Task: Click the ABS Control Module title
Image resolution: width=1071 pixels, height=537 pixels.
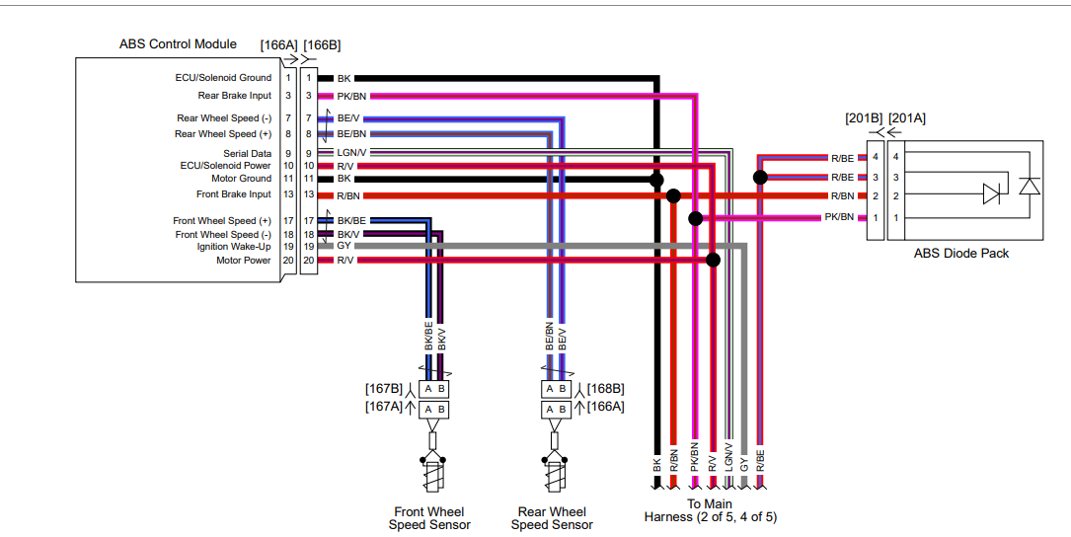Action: (178, 44)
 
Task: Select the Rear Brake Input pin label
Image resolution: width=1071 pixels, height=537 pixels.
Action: (234, 96)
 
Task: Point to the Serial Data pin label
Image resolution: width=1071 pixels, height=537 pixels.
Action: (247, 154)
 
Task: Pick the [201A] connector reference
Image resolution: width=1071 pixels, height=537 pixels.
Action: (907, 119)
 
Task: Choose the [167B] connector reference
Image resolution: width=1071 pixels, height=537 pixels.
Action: (384, 389)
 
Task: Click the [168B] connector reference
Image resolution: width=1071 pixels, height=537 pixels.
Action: (605, 389)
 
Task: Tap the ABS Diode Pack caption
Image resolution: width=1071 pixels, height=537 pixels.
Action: (960, 254)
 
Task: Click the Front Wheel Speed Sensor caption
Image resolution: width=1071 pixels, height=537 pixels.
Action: (429, 518)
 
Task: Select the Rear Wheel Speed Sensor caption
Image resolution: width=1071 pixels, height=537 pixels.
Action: (552, 518)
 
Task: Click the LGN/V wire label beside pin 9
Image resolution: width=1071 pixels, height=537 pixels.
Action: (351, 153)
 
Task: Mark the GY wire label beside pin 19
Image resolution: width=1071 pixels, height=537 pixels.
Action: (344, 246)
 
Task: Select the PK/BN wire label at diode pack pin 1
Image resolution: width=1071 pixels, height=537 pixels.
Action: (839, 217)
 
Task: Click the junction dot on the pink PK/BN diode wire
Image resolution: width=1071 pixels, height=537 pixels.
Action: (696, 218)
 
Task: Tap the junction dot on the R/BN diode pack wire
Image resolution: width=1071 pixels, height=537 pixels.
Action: (673, 195)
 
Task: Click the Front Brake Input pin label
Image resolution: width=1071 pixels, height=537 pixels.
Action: (233, 195)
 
